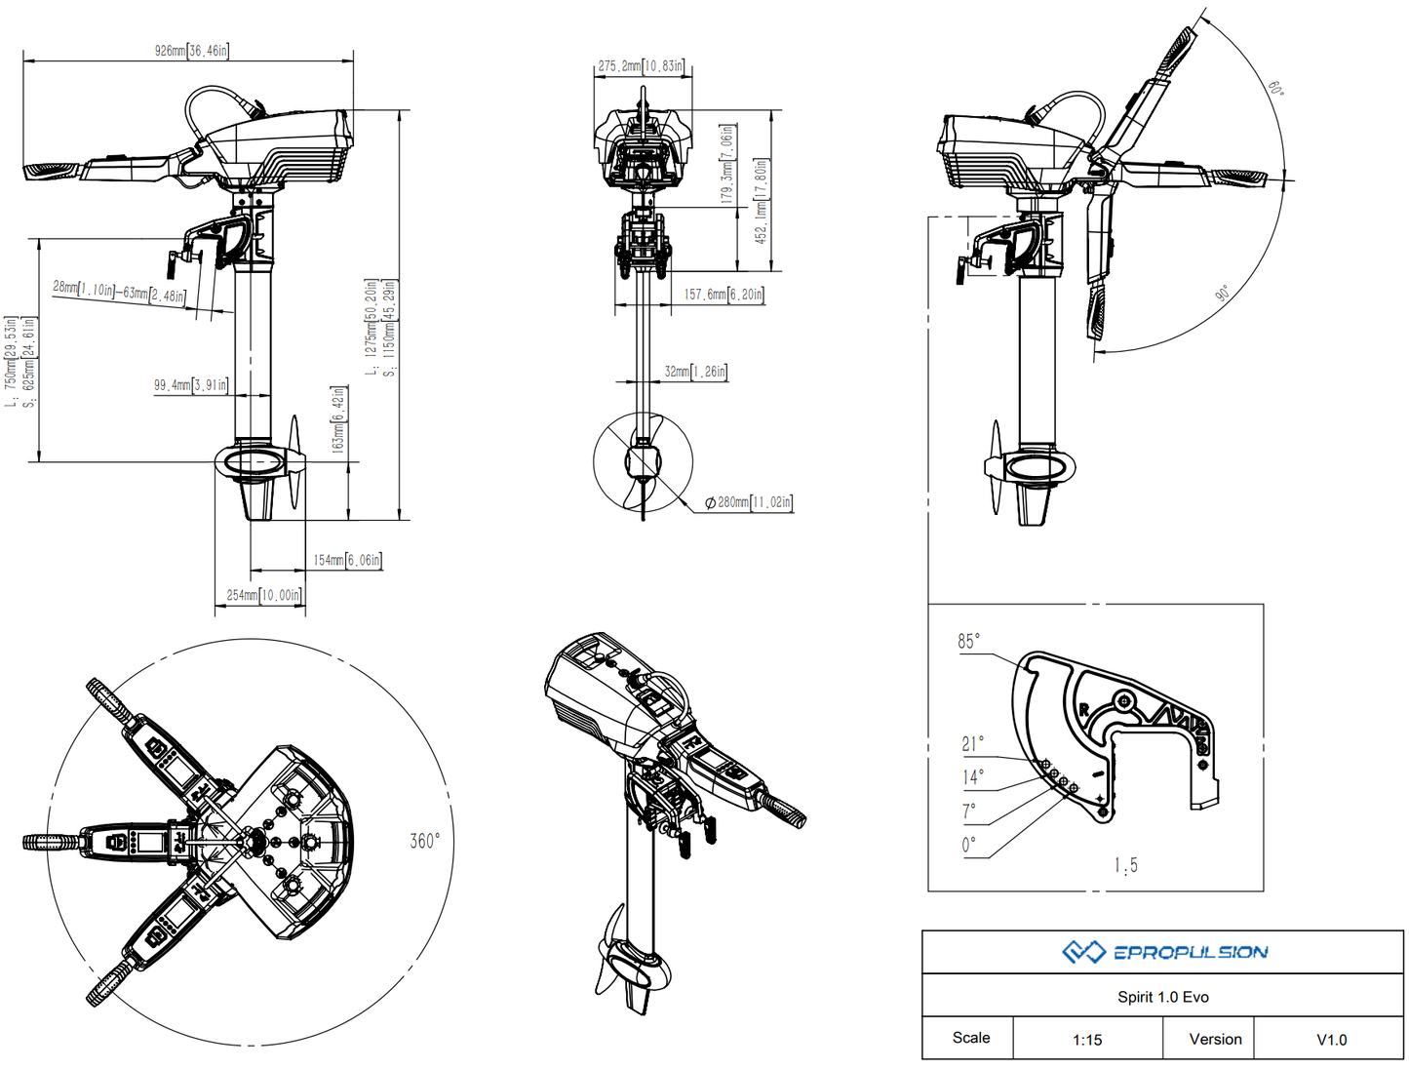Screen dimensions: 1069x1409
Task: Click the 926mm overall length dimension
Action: pos(191,50)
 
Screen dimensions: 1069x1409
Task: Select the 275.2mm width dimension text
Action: pos(641,66)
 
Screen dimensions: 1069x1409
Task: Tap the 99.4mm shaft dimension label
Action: pos(190,385)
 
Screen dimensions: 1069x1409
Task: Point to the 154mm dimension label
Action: pos(347,560)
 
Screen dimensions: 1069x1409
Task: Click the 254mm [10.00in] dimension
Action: pos(263,595)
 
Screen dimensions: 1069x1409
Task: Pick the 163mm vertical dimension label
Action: pos(337,418)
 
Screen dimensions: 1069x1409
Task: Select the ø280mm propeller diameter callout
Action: pos(749,502)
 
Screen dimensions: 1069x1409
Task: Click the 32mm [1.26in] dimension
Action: pos(695,372)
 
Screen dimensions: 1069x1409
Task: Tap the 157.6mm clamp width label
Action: pos(724,294)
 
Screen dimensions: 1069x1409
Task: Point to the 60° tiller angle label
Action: pos(1275,88)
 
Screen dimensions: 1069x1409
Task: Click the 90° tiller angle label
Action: pos(1223,293)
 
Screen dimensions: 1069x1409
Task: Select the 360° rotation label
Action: pos(424,841)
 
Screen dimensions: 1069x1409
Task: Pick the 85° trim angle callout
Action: pos(968,641)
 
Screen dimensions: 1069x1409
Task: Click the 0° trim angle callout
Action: pos(968,845)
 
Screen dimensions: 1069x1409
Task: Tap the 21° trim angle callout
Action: pos(972,744)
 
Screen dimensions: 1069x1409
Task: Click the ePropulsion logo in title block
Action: pos(1164,952)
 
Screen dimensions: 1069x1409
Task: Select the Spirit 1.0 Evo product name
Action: pos(1162,997)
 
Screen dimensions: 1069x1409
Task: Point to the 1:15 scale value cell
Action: pos(1087,1040)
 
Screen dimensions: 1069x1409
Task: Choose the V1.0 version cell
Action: pos(1331,1040)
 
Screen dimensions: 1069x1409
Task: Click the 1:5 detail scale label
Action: pos(1125,865)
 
